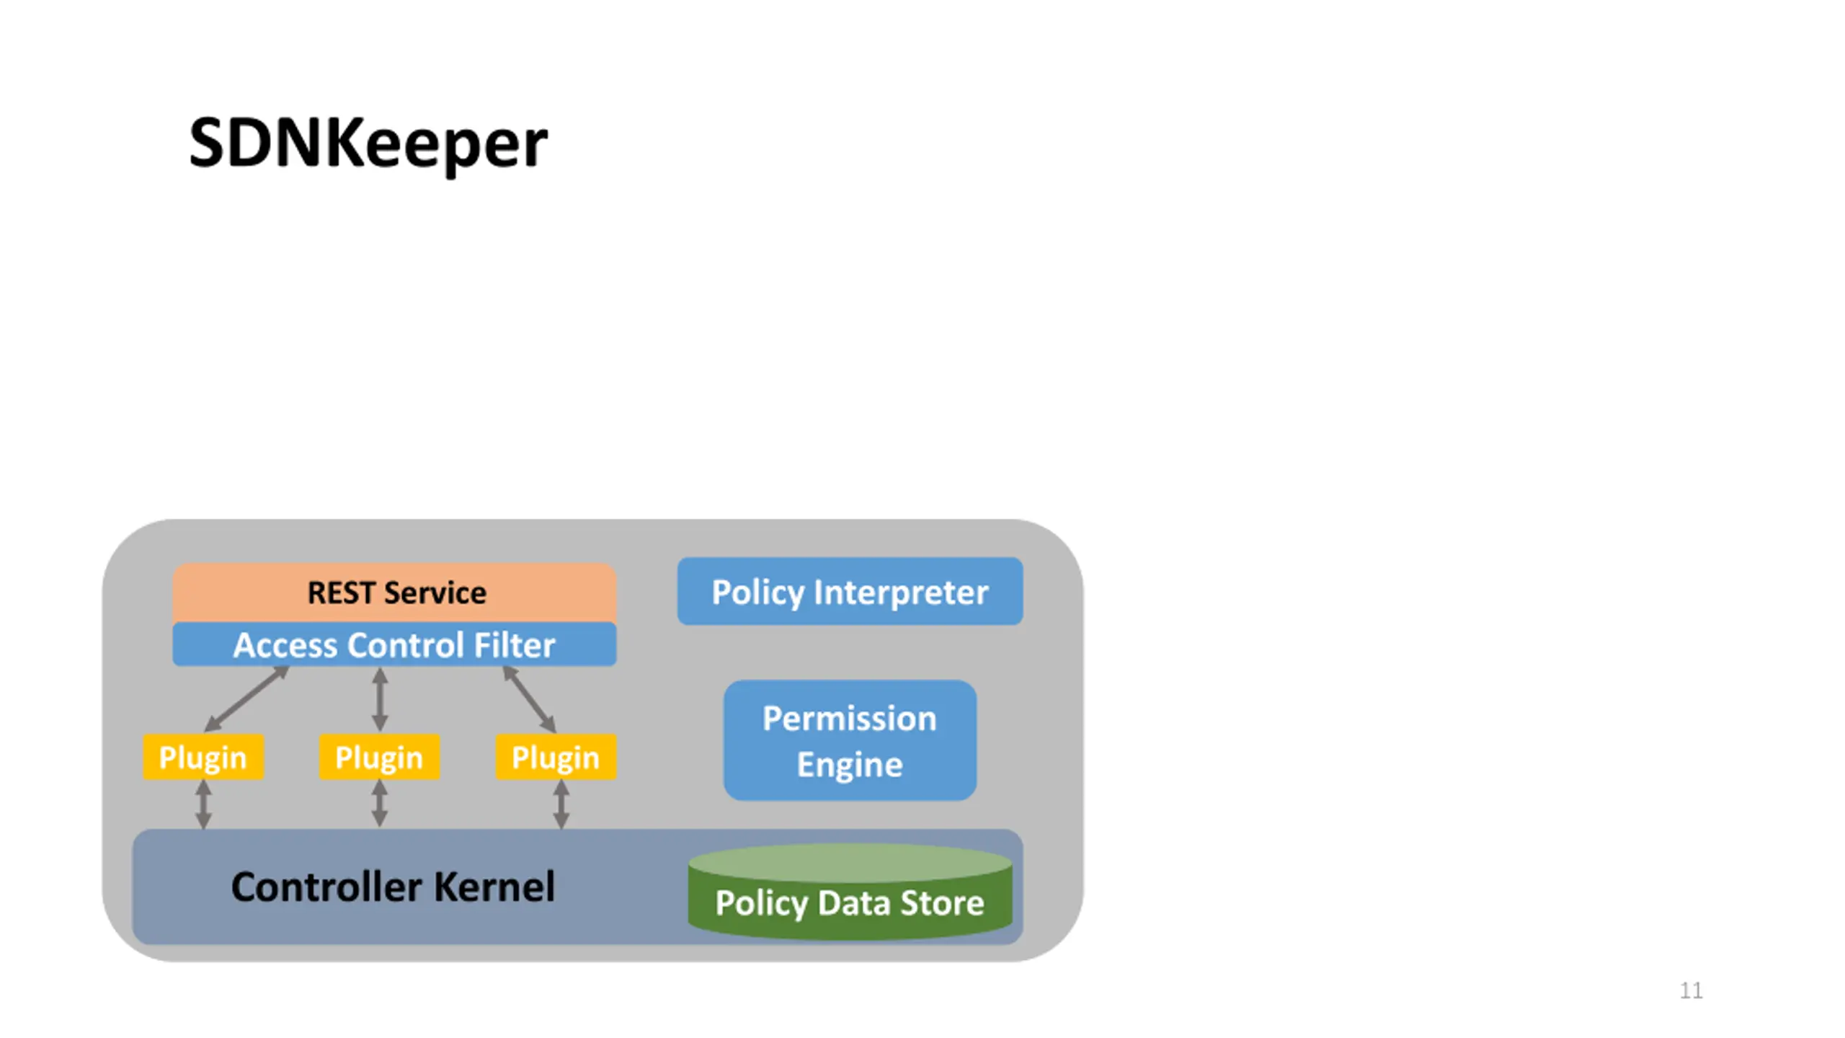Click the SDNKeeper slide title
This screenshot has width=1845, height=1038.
pyautogui.click(x=368, y=143)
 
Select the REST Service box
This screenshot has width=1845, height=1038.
pyautogui.click(x=394, y=593)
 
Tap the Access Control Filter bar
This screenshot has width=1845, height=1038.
pyautogui.click(x=394, y=644)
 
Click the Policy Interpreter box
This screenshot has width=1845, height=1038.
pyautogui.click(x=850, y=591)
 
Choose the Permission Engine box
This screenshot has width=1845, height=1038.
pyautogui.click(x=850, y=740)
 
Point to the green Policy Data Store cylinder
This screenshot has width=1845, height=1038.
pyautogui.click(x=850, y=892)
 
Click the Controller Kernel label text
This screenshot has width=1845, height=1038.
pyautogui.click(x=393, y=887)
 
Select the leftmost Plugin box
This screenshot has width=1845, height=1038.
pyautogui.click(x=203, y=757)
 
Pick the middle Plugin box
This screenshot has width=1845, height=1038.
pyautogui.click(x=379, y=757)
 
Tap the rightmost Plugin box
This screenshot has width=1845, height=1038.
pyautogui.click(x=556, y=757)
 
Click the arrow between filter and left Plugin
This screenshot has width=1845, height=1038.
pyautogui.click(x=246, y=699)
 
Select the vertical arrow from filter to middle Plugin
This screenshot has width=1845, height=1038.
pyautogui.click(x=380, y=699)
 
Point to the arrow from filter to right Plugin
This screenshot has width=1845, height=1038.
pyautogui.click(x=529, y=699)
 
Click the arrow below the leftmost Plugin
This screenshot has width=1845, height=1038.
pyautogui.click(x=204, y=804)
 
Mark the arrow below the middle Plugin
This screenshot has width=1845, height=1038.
pyautogui.click(x=380, y=804)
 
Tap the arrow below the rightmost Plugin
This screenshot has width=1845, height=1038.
pyautogui.click(x=561, y=804)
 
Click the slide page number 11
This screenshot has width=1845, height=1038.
pyautogui.click(x=1691, y=990)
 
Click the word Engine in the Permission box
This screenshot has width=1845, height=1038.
pyautogui.click(x=850, y=765)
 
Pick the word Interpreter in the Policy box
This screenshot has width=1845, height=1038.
pyautogui.click(x=902, y=593)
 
